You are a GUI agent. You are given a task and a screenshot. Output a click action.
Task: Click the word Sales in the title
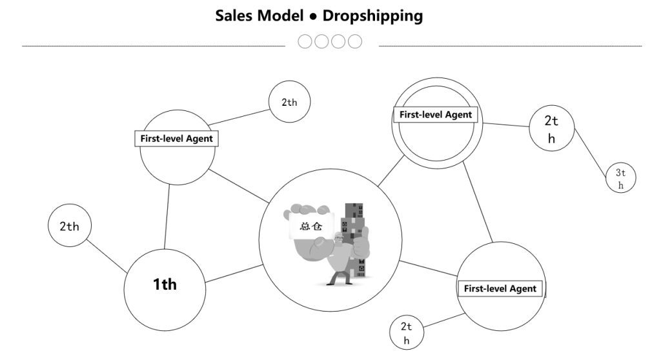234,15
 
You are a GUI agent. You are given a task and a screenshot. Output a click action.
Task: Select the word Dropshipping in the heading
372,15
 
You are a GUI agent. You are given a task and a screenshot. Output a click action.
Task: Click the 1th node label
165,284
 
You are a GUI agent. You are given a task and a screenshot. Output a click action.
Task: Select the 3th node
621,178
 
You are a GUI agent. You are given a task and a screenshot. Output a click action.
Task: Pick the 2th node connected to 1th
69,226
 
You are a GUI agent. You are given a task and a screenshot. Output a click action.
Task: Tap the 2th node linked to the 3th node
551,128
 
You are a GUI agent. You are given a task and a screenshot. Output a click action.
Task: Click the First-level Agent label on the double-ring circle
436,115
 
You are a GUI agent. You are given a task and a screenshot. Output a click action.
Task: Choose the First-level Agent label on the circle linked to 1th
176,138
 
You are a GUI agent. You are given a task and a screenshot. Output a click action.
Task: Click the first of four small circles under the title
305,42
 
